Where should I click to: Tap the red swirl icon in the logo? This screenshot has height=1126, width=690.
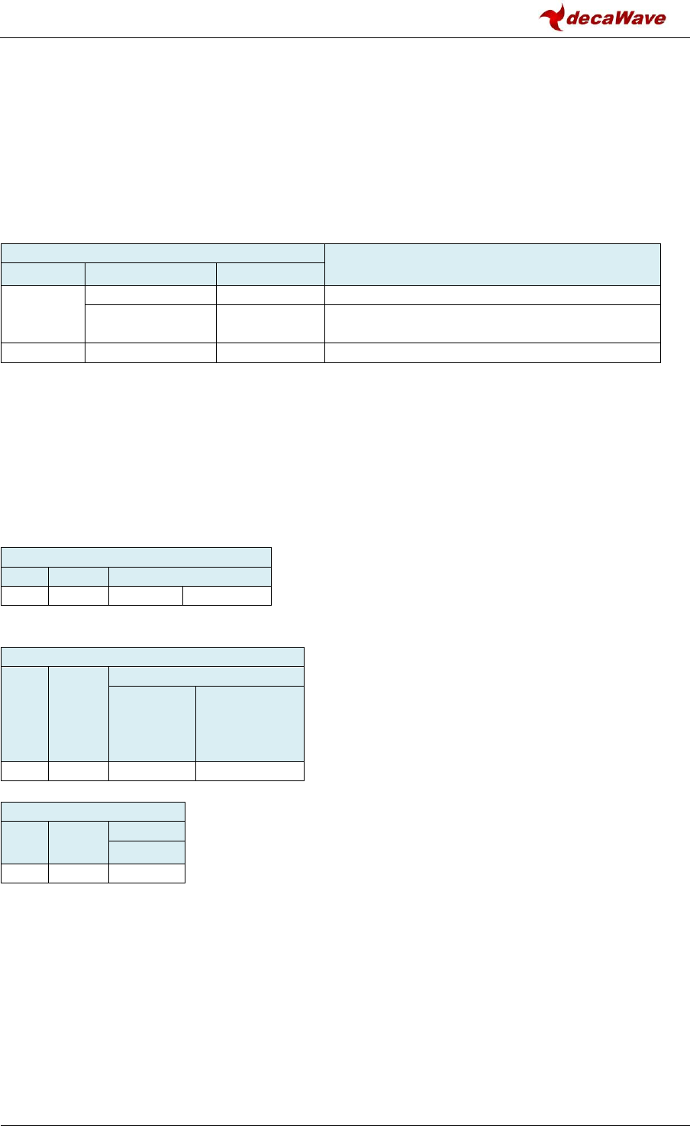[x=552, y=17]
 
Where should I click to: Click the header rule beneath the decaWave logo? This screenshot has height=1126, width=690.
[x=345, y=37]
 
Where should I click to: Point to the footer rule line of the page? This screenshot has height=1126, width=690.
[x=345, y=1104]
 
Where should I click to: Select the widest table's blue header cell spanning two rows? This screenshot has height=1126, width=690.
[x=492, y=264]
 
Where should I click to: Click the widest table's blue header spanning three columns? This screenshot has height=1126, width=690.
[x=163, y=253]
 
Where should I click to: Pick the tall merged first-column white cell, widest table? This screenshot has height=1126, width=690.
[x=43, y=314]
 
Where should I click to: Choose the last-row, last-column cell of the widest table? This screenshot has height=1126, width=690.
[x=492, y=352]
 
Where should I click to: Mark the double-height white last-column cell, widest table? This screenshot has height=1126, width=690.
[x=492, y=323]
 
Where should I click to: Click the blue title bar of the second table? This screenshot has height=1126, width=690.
[x=136, y=556]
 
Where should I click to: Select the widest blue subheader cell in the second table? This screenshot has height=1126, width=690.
[x=189, y=576]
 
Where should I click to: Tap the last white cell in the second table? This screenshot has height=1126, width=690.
[x=227, y=596]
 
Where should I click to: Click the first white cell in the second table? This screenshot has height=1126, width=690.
[x=24, y=596]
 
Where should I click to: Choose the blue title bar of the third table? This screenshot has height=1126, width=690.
[x=153, y=656]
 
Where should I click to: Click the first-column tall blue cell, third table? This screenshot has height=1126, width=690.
[x=24, y=713]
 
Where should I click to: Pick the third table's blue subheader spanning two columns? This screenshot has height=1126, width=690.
[x=206, y=676]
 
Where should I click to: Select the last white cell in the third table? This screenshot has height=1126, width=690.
[x=250, y=771]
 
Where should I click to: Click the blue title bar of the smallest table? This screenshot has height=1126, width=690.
[x=92, y=811]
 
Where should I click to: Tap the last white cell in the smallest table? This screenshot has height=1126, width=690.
[x=147, y=873]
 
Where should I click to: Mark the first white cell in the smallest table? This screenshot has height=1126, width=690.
[x=24, y=873]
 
